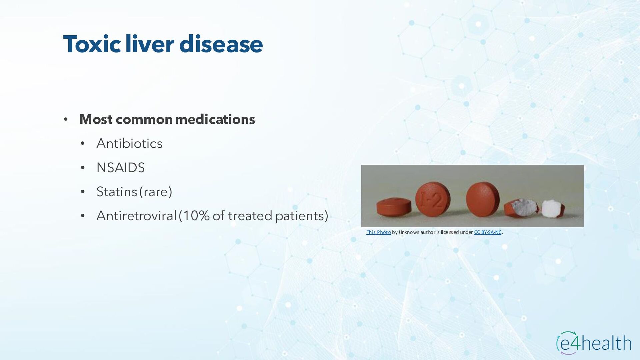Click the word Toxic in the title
[92, 44]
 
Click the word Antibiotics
[129, 143]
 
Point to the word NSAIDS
[121, 167]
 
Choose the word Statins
[117, 192]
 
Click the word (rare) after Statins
[156, 192]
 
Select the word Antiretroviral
[136, 216]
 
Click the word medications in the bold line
[215, 119]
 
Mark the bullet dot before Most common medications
[66, 119]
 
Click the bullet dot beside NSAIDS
[83, 168]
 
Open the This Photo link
[378, 232]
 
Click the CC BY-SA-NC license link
[488, 232]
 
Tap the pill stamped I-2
[433, 199]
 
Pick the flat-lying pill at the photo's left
[394, 207]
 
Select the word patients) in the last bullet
[302, 216]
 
